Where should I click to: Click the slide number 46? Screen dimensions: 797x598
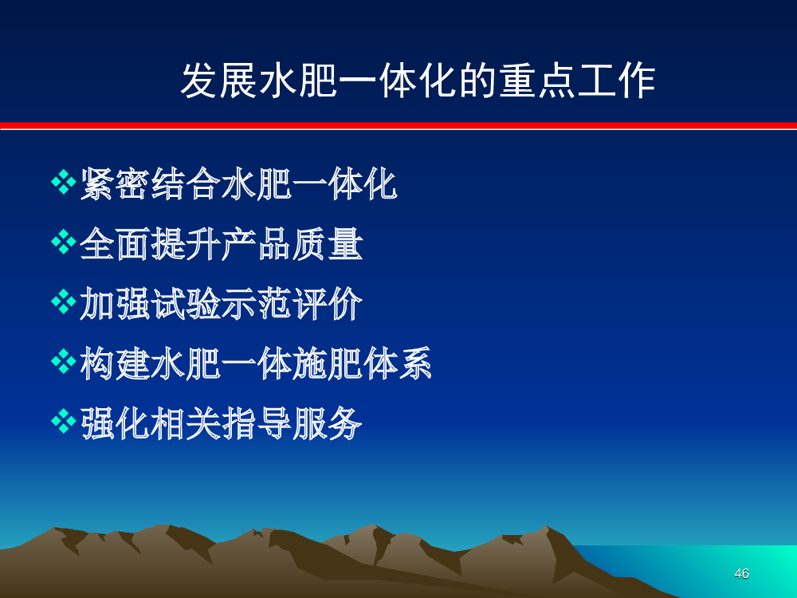741,573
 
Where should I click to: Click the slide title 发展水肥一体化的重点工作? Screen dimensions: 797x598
418,81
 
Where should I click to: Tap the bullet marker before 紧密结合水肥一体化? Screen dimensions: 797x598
64,182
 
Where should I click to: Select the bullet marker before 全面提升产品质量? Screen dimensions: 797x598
64,242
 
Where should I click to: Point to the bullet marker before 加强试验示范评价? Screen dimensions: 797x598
64,302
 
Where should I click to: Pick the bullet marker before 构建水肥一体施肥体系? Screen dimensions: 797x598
64,362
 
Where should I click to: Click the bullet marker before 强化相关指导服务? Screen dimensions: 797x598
64,422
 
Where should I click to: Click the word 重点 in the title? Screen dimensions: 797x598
536,81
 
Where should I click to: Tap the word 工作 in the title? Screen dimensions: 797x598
616,81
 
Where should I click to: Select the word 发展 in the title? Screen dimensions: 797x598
220,81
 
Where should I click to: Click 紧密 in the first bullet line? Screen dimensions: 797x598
115,183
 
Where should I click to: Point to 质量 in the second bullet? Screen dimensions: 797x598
328,243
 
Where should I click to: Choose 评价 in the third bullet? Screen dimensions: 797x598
328,304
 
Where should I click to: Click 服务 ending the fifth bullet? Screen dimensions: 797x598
328,423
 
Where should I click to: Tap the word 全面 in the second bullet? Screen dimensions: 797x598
115,243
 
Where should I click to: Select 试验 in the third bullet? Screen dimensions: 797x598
186,304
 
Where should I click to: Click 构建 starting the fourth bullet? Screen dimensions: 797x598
115,364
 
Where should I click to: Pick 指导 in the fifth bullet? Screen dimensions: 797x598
256,423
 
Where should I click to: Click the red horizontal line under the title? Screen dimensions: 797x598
398,126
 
